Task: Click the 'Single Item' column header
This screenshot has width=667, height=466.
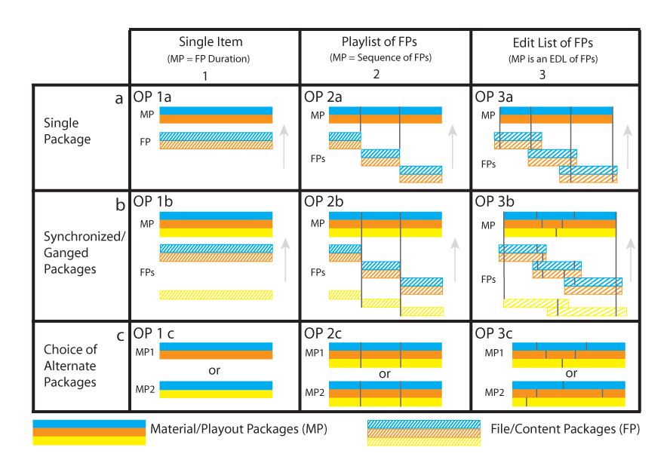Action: pos(211,41)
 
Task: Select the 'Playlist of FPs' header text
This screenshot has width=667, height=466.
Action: pos(379,41)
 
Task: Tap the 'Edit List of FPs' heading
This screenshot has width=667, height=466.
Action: pos(552,42)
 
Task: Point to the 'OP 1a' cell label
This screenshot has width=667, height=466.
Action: pos(152,97)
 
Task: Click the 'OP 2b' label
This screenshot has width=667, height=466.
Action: pos(324,201)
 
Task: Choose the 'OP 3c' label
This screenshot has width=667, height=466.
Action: pos(494,333)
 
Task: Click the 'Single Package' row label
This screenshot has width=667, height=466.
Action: pos(67,131)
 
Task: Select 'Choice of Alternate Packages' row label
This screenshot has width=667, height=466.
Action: pos(70,366)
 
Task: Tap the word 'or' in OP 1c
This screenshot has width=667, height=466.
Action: pos(214,371)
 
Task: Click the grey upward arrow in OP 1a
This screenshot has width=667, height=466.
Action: pos(284,147)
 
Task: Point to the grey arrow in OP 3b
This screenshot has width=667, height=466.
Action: pos(631,260)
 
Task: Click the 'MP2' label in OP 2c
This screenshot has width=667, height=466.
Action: pos(315,392)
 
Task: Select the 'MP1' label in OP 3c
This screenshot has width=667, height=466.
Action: pos(494,353)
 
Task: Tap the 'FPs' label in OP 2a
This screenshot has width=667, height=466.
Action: pos(318,159)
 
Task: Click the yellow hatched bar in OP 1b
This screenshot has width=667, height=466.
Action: pos(216,295)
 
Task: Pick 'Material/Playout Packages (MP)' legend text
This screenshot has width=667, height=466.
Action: pos(238,429)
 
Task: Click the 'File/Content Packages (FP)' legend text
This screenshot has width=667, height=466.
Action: pos(565,429)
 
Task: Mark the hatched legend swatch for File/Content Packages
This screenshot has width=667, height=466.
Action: pos(424,433)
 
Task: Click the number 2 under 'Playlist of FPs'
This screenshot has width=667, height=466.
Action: pos(377,75)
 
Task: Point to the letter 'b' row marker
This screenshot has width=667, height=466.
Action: pos(121,205)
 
